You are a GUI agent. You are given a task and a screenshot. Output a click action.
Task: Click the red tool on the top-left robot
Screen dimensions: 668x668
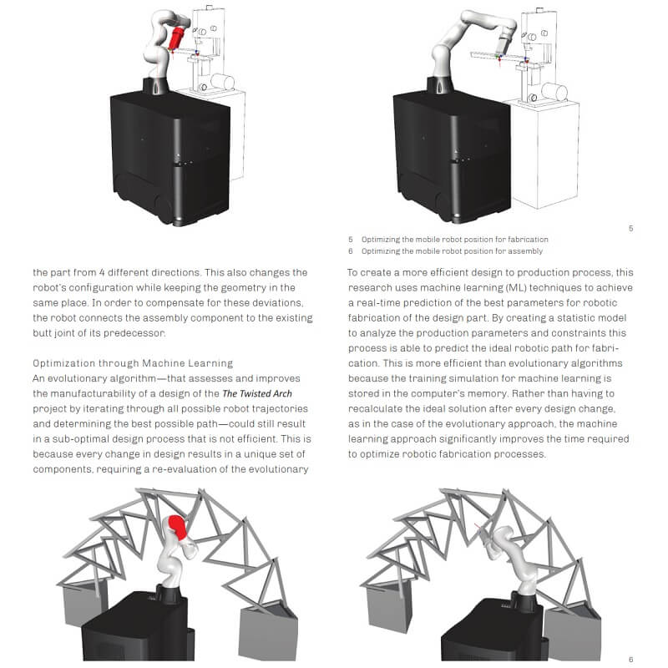pos(177,38)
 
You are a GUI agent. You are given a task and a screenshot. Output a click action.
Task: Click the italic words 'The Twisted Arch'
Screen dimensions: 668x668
pos(257,393)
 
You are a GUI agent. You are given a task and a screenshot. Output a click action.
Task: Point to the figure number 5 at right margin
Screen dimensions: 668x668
pos(630,227)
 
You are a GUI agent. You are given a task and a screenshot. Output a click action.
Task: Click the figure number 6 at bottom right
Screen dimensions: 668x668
pos(630,660)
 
